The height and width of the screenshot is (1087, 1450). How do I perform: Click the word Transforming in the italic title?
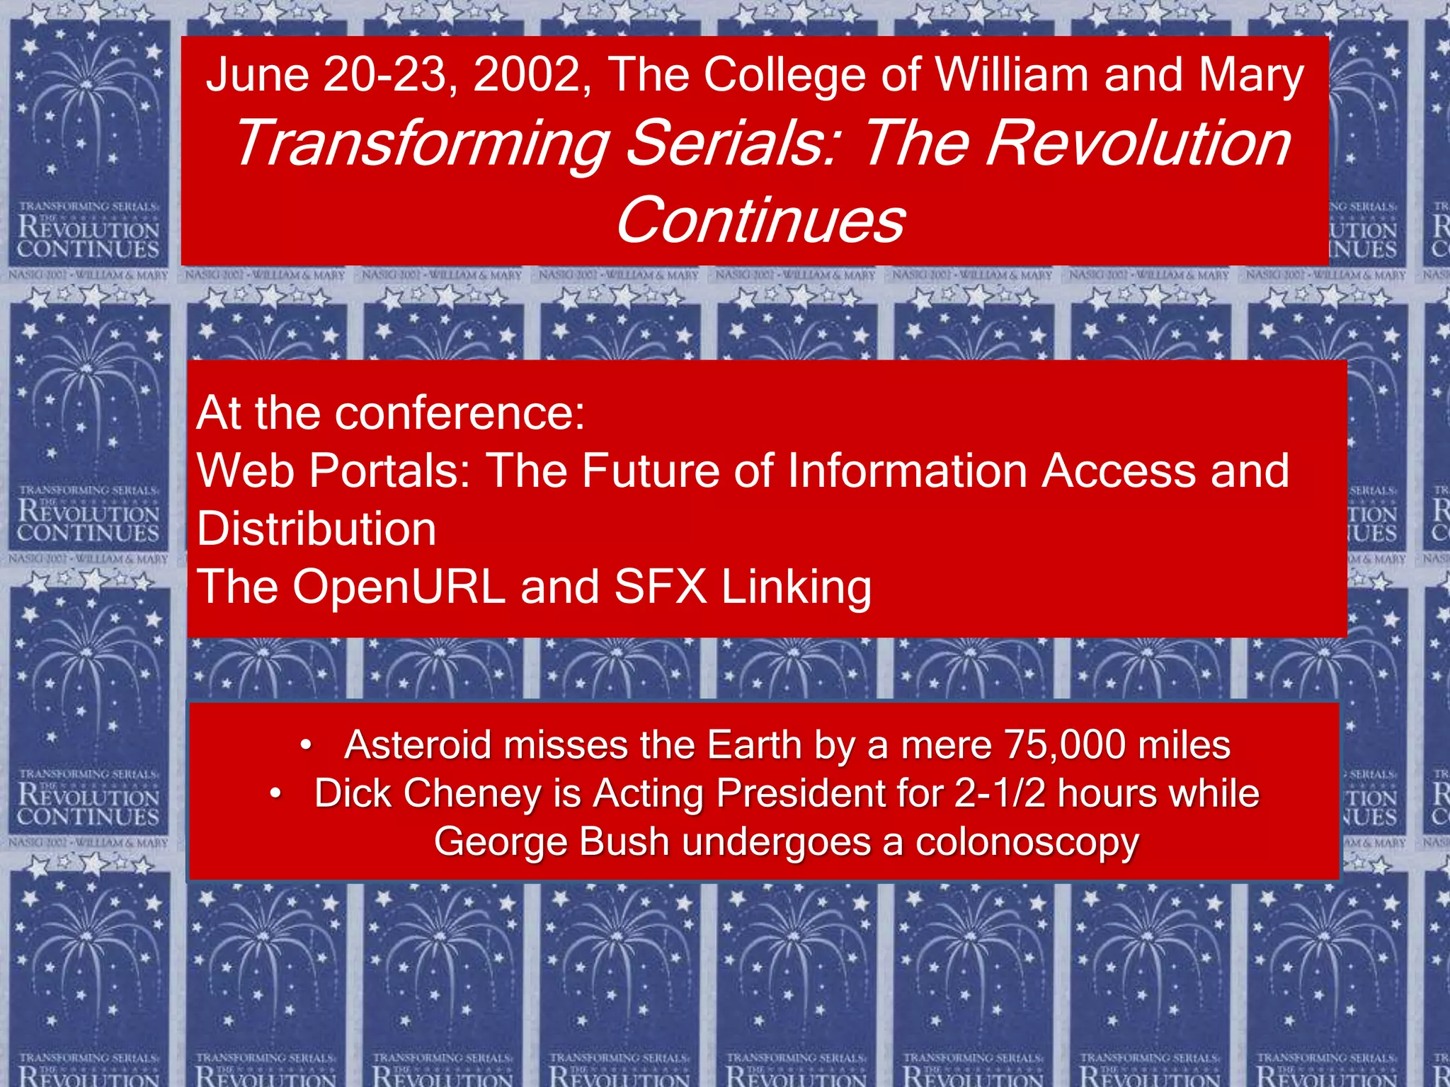pyautogui.click(x=422, y=144)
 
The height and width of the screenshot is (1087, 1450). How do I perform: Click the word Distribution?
pyautogui.click(x=316, y=529)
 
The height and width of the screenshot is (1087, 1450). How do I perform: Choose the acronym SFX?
pyautogui.click(x=661, y=587)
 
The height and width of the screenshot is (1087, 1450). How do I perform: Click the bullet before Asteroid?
pyautogui.click(x=306, y=745)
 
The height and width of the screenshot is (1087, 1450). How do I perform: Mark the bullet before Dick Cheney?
pyautogui.click(x=276, y=793)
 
